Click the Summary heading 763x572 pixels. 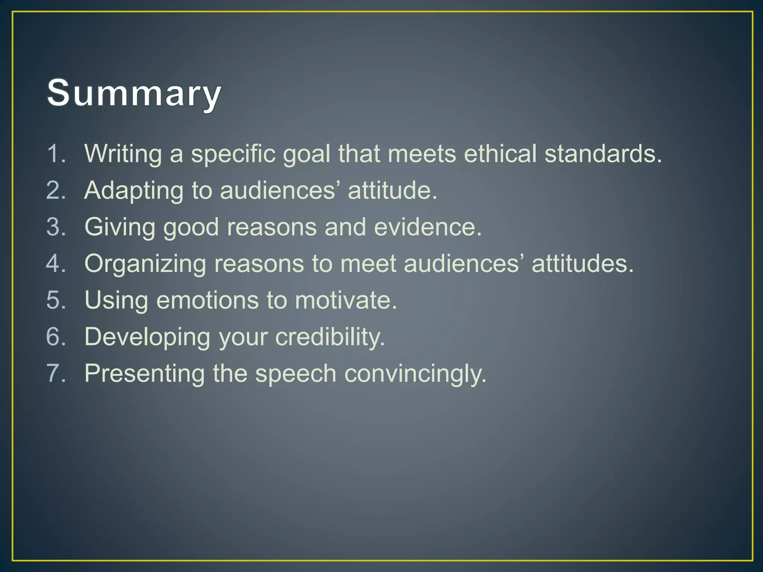[134, 93]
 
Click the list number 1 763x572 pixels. [56, 153]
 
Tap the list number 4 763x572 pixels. [56, 263]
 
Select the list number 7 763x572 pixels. [56, 373]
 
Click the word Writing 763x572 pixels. [123, 153]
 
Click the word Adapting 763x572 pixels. [134, 191]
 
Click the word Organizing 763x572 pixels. [145, 264]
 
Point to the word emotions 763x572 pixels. [207, 300]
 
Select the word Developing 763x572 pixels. [147, 337]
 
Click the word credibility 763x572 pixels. [330, 337]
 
